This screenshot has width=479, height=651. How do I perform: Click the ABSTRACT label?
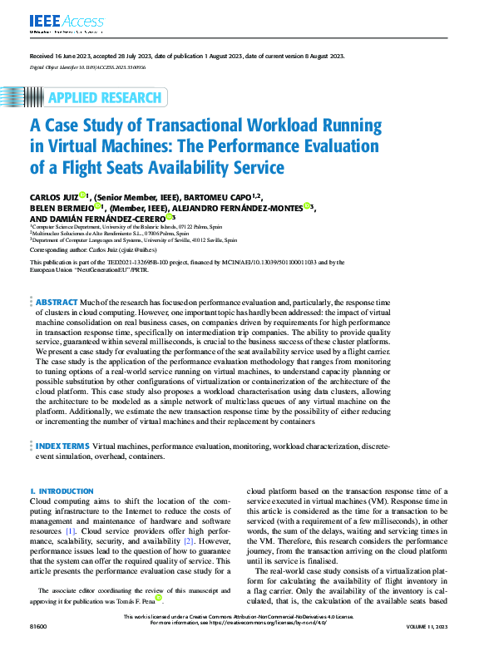[x=56, y=302]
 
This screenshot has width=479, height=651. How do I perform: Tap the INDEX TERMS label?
[x=62, y=446]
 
